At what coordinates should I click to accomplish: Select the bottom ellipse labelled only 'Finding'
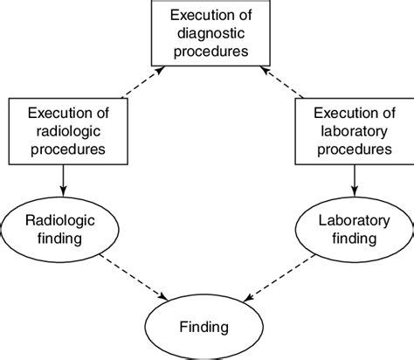click(x=206, y=327)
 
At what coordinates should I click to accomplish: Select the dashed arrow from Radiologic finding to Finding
click(x=131, y=279)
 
